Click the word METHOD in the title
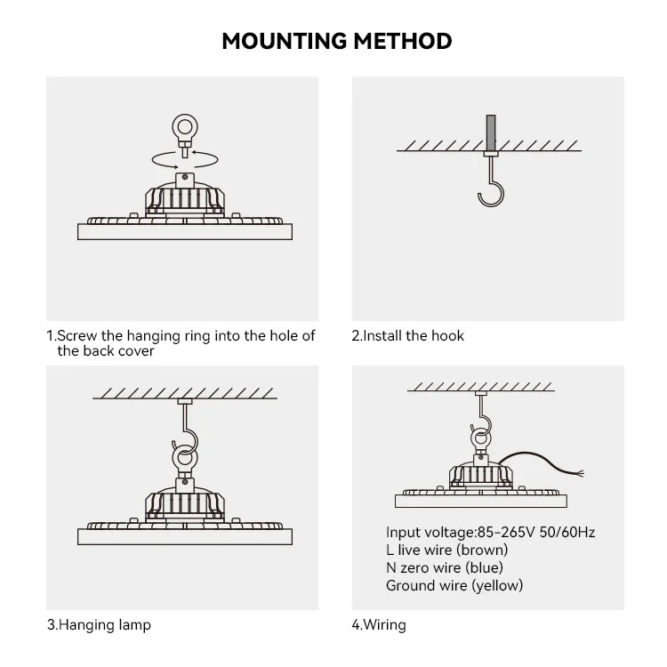(405, 41)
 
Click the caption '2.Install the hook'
(407, 335)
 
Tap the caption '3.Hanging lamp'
(99, 624)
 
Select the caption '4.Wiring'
(379, 624)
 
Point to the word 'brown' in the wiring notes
(486, 550)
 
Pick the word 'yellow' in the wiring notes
(497, 585)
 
